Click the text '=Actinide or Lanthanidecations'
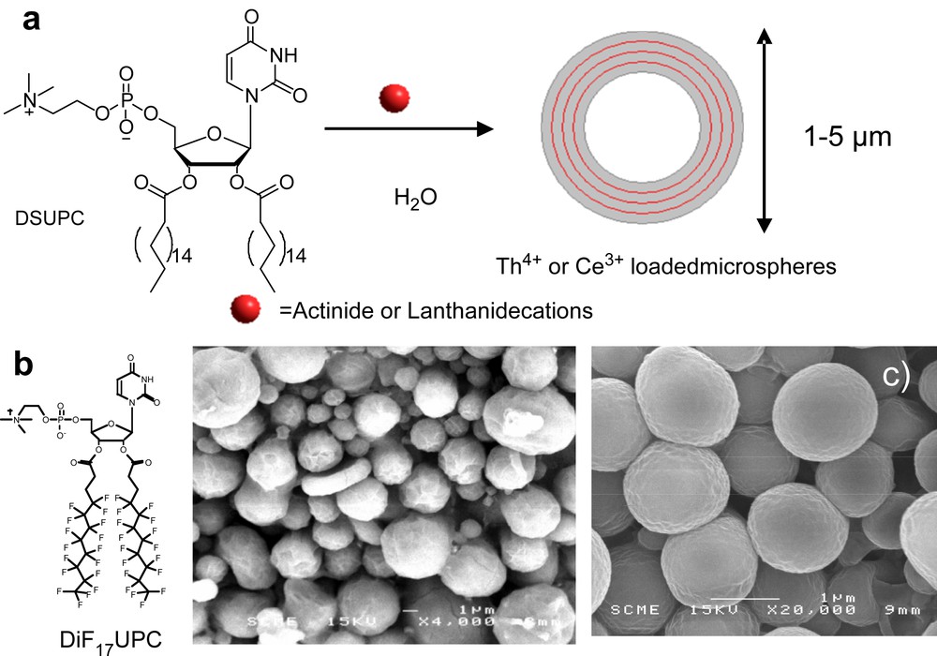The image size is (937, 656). coord(436,308)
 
